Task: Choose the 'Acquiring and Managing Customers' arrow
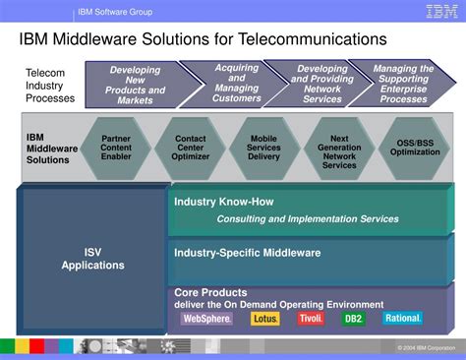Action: click(x=236, y=85)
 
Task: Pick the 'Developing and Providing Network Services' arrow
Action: click(x=321, y=85)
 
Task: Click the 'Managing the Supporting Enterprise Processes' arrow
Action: click(x=403, y=85)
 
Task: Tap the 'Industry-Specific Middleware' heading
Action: click(x=247, y=253)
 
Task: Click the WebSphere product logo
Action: click(x=206, y=319)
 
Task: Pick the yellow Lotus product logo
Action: click(x=263, y=319)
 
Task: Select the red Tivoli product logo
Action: click(x=311, y=319)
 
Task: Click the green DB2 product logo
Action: click(x=353, y=319)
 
